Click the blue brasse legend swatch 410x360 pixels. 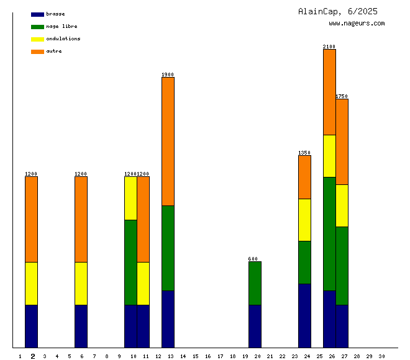click(37, 14)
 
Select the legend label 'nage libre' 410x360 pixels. click(61, 27)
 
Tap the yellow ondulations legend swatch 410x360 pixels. click(37, 39)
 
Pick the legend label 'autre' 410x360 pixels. click(54, 52)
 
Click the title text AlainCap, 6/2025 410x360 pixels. click(337, 11)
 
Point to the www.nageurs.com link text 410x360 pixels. click(357, 24)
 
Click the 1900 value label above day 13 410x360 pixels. click(168, 74)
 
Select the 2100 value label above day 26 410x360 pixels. click(329, 47)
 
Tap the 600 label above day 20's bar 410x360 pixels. click(253, 259)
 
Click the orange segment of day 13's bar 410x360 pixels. click(168, 141)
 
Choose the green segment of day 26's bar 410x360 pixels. click(329, 233)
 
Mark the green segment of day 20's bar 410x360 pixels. click(255, 283)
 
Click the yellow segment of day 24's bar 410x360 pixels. click(304, 220)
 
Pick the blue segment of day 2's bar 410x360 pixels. click(31, 326)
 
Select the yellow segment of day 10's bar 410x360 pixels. click(130, 198)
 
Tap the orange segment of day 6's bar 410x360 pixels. click(81, 219)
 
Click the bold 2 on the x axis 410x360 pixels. click(33, 356)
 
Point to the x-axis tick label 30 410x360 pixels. click(381, 356)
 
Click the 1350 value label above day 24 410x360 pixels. click(304, 153)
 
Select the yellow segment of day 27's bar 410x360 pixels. click(342, 205)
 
